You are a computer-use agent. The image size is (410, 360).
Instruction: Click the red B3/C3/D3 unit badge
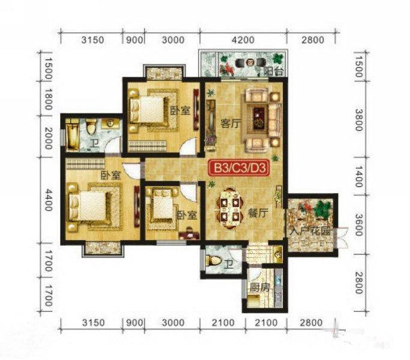[238, 168]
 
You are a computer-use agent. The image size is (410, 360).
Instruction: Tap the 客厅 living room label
[230, 124]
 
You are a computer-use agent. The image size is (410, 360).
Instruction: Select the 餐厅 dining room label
[258, 214]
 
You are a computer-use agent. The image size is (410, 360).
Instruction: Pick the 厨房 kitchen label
[259, 287]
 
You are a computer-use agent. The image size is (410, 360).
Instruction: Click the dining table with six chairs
[229, 206]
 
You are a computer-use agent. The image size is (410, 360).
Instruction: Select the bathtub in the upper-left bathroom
[72, 137]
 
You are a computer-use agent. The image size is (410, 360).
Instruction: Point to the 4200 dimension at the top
[243, 40]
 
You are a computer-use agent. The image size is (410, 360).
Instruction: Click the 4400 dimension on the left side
[49, 200]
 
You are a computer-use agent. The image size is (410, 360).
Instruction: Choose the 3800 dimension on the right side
[359, 119]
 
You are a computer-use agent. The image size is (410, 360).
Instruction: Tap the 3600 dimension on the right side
[359, 224]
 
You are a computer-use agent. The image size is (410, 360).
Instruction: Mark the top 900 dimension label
[134, 40]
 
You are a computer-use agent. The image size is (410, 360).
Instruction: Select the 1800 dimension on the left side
[49, 99]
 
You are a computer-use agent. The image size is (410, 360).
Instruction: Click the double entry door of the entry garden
[342, 238]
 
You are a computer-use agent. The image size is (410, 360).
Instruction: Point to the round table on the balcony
[251, 62]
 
